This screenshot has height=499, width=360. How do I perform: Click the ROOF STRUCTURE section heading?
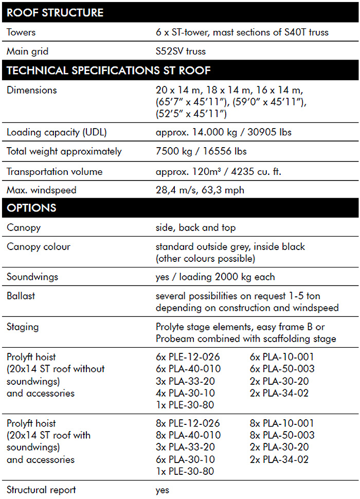(55, 12)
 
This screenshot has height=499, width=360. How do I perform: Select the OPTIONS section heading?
(31, 208)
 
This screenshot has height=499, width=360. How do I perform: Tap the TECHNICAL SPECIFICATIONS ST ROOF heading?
(109, 71)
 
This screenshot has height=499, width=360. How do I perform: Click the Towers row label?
(21, 32)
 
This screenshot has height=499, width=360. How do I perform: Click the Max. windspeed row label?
(41, 190)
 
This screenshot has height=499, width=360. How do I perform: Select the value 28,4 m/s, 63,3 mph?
(200, 190)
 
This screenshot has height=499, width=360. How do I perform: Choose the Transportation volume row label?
(55, 171)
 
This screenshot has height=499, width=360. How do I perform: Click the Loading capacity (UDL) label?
(56, 132)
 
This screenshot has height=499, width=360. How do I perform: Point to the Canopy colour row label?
(39, 246)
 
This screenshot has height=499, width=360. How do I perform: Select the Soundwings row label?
(32, 277)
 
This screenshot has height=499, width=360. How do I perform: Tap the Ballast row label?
(21, 296)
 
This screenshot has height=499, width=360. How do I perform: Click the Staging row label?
(23, 327)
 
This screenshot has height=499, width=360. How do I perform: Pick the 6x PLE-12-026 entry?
(187, 357)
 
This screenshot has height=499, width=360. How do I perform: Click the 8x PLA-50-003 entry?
(282, 435)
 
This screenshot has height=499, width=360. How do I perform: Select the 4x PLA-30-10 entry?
(185, 393)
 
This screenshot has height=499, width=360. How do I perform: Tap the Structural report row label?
(41, 490)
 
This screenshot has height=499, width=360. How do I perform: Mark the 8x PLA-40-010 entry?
(188, 435)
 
